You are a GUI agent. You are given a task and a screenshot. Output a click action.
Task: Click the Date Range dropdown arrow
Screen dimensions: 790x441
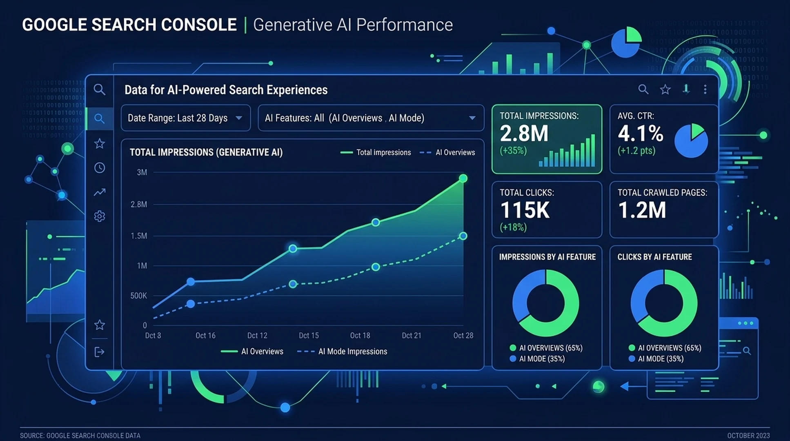pos(239,118)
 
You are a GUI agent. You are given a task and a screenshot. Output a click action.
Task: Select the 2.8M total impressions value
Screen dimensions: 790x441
pos(524,134)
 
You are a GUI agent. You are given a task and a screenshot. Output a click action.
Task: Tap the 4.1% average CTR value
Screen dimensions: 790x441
pos(641,134)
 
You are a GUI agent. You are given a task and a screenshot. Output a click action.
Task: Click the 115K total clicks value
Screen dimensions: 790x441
pos(525,210)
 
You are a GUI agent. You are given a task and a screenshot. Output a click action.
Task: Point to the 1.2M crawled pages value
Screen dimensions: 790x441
pos(642,210)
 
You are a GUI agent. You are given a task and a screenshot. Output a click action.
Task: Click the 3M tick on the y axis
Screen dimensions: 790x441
pos(142,172)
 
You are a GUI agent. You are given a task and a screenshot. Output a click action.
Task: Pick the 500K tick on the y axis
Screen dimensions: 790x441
pos(139,296)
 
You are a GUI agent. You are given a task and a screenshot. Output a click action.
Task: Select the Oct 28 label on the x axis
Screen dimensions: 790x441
pos(463,336)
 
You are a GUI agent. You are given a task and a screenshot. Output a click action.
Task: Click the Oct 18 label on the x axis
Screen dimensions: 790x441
pos(360,336)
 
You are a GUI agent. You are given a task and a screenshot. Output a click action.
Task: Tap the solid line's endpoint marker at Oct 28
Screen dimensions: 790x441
pos(463,178)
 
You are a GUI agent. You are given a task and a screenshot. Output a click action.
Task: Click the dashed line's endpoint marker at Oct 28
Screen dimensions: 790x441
pos(463,236)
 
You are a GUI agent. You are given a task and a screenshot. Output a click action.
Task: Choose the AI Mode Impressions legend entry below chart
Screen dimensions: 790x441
pos(342,352)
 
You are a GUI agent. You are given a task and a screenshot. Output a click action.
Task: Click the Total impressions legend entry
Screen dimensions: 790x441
pos(376,153)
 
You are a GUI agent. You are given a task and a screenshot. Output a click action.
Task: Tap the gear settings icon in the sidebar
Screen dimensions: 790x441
pos(100,216)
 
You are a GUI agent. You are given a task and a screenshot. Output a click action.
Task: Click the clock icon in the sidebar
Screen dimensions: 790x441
pos(100,168)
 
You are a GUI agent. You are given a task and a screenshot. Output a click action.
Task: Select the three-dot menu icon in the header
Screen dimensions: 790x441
pos(705,89)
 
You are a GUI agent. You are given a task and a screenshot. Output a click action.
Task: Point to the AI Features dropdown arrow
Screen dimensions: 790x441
pos(472,118)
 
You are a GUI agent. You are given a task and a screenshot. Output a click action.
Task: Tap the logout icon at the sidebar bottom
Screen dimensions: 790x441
pos(100,352)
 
